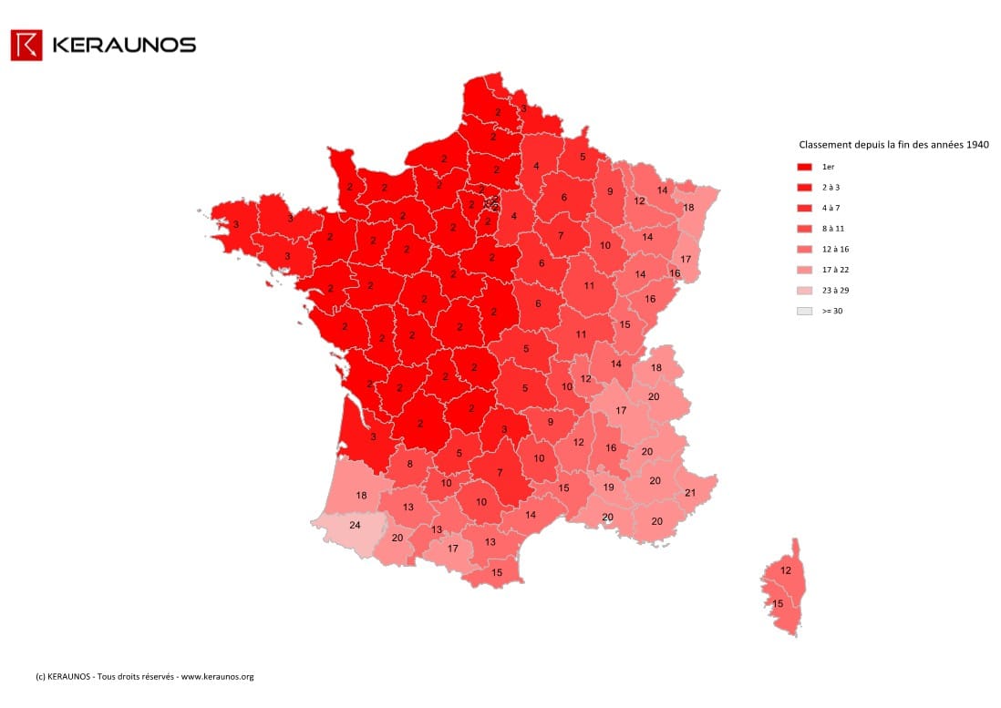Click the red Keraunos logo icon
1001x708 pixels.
(26, 45)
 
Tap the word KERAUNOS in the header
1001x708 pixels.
(124, 45)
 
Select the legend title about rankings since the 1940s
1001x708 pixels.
(893, 145)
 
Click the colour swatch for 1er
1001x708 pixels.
(804, 168)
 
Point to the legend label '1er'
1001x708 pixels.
(828, 168)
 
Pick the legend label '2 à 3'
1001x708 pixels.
(831, 188)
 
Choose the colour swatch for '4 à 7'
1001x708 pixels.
(804, 209)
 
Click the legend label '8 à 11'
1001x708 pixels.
(832, 229)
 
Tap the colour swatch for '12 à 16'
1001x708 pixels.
(804, 249)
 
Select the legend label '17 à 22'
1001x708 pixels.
(835, 270)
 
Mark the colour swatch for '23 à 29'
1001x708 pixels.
(804, 290)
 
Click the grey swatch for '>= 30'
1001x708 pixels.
(804, 311)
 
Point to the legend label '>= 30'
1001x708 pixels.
(831, 311)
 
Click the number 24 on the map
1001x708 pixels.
(355, 525)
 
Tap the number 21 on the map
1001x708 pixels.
(689, 493)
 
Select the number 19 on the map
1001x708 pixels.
(609, 487)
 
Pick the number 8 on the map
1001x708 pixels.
(409, 464)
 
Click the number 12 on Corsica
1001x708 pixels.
(785, 571)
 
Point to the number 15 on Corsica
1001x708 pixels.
(778, 603)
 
